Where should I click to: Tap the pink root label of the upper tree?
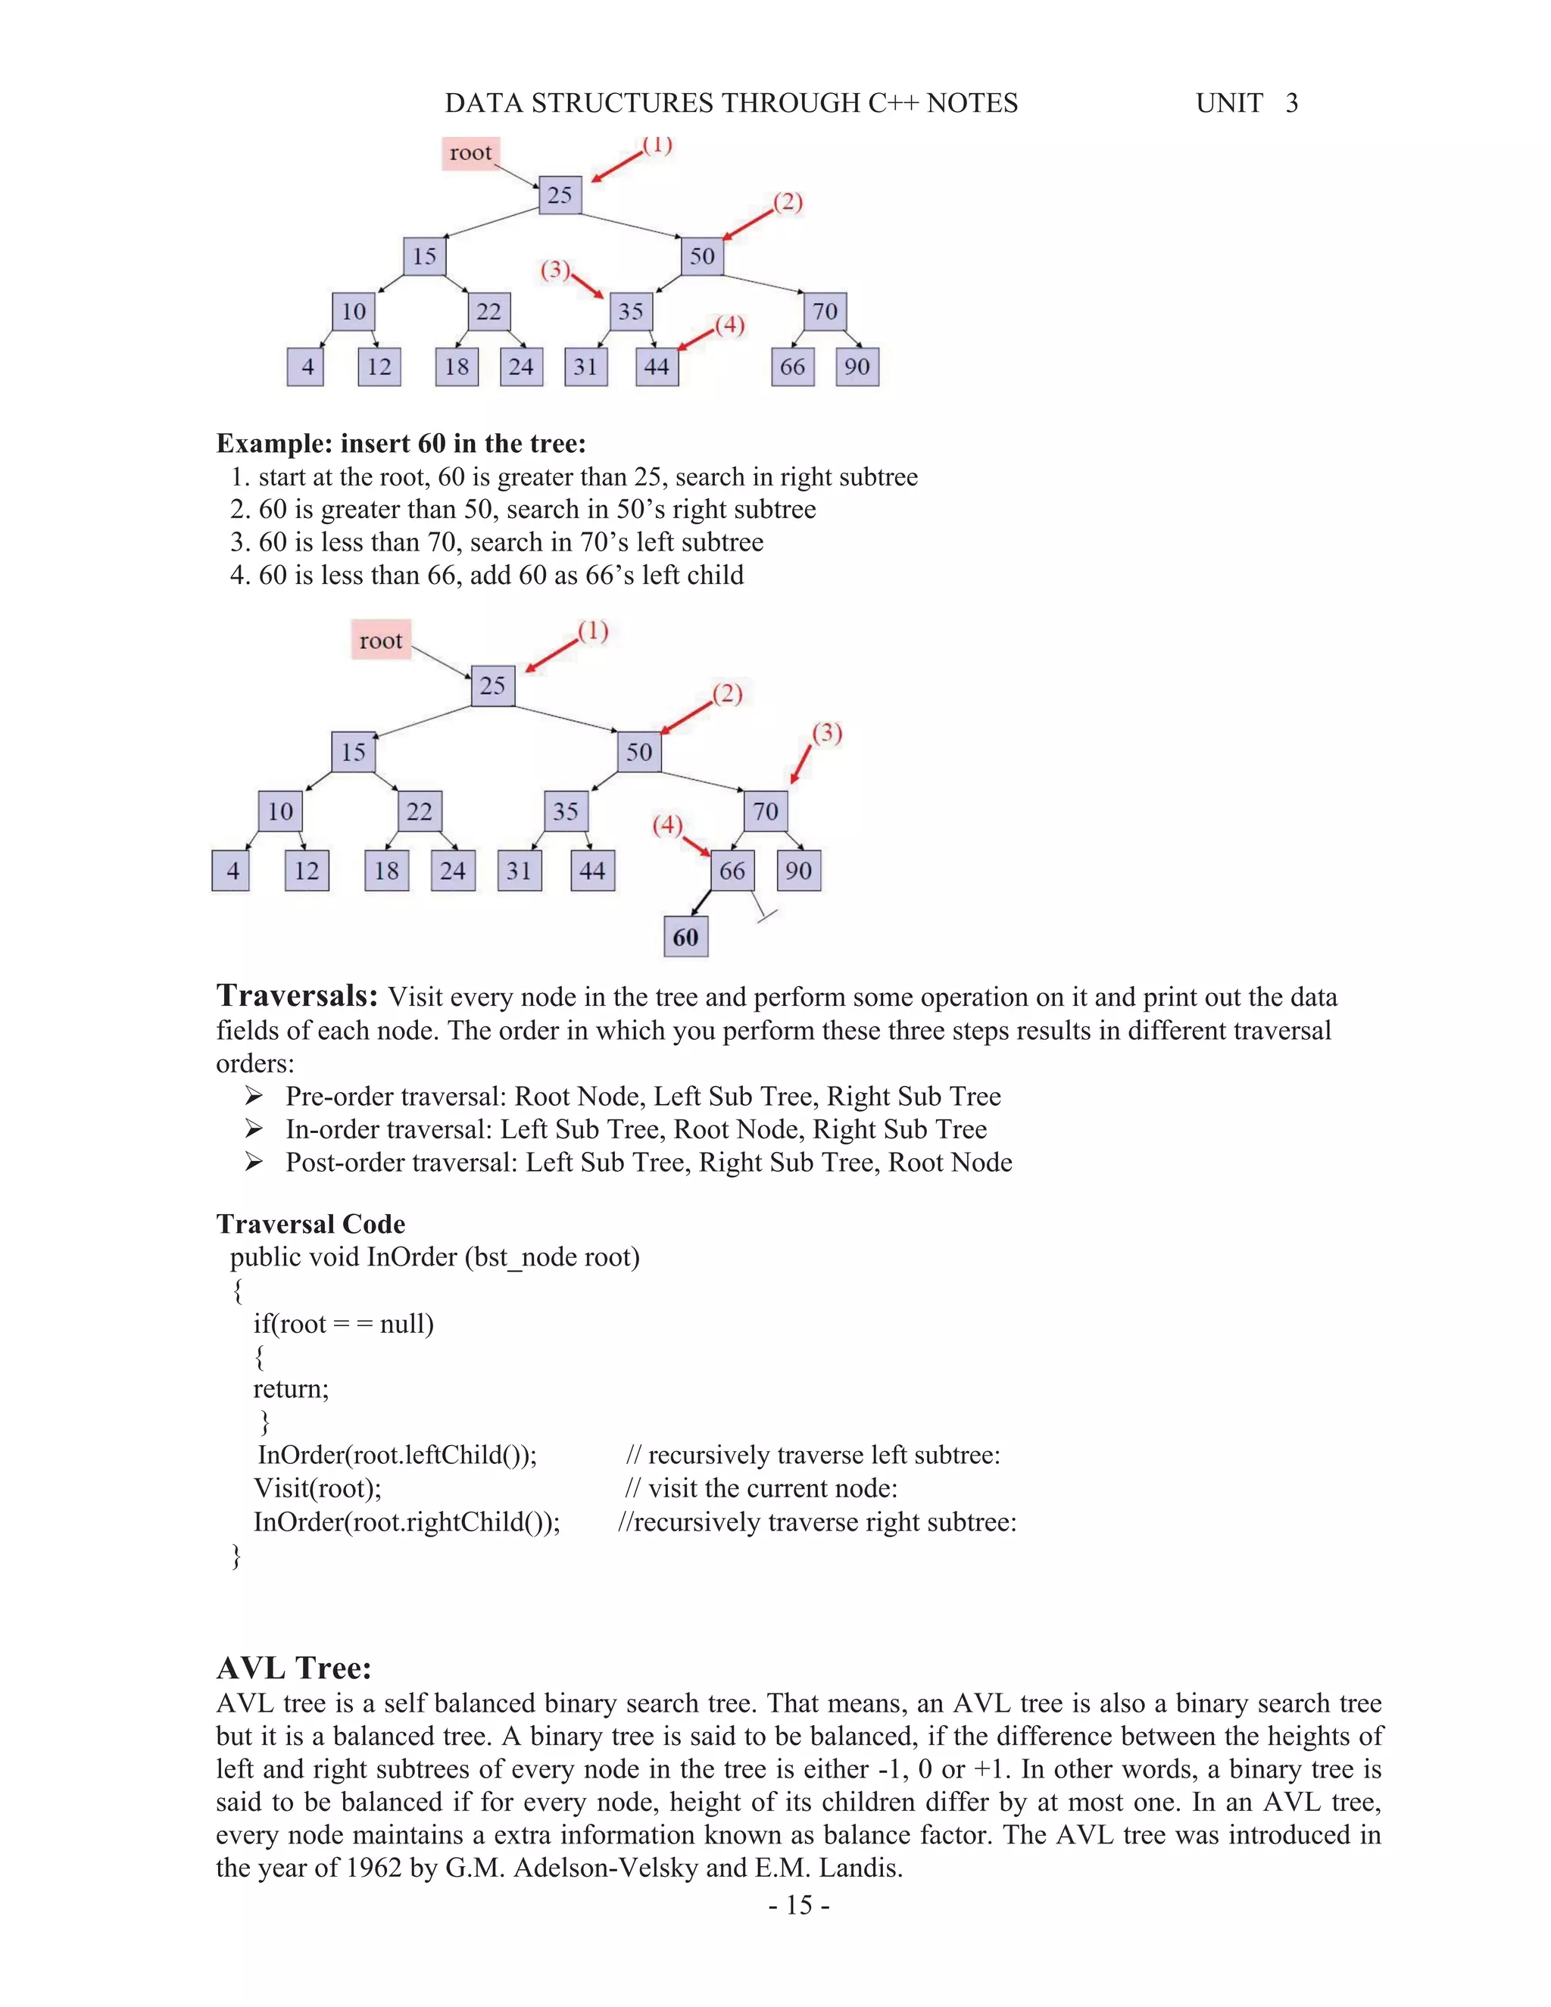point(470,152)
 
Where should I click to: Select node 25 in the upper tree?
point(560,195)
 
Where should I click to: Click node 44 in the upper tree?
point(657,367)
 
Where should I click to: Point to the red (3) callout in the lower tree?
point(827,733)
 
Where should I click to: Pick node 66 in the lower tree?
point(732,870)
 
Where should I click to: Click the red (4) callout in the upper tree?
point(729,326)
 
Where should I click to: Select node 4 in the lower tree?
point(232,870)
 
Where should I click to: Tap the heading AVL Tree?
point(294,1667)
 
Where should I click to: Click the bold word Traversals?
point(297,995)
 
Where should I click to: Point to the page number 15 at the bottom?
point(798,1905)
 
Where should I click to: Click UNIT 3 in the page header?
point(1246,103)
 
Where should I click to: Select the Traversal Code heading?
point(311,1224)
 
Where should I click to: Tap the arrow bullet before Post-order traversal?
point(254,1162)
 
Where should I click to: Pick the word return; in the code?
point(290,1388)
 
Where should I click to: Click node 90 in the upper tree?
point(857,367)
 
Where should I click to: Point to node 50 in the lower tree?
point(639,752)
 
